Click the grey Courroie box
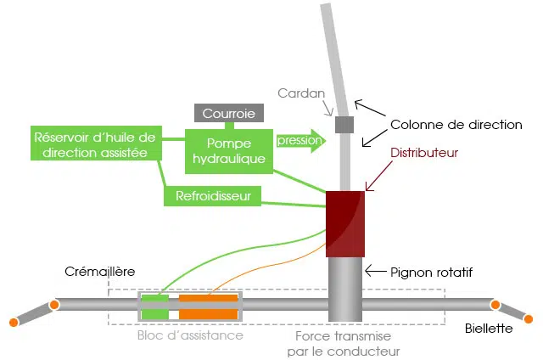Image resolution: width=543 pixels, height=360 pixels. (229, 113)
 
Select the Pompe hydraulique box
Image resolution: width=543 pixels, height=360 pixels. (229, 151)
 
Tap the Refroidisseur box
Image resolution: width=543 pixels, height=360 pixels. (213, 196)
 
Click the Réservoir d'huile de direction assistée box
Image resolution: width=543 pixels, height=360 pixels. (96, 143)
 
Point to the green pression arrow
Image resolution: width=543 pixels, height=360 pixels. (300, 141)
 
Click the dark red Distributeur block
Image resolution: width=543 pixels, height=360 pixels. (345, 224)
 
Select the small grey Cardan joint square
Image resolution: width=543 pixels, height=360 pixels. (344, 125)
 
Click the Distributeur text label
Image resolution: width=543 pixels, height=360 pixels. (424, 153)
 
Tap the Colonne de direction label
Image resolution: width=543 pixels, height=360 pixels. (456, 125)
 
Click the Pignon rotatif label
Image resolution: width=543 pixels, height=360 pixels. (431, 273)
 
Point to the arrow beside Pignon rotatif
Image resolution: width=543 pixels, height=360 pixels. (376, 271)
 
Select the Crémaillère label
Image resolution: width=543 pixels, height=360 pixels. (100, 272)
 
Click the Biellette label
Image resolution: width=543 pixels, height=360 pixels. (489, 328)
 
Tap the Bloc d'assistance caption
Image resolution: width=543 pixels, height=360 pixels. (190, 335)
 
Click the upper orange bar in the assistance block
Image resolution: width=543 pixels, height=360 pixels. (209, 298)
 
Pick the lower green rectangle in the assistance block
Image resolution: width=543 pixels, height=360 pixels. (155, 314)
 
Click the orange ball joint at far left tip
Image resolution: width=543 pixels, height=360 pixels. (14, 323)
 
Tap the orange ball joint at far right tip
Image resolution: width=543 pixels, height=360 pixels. (529, 318)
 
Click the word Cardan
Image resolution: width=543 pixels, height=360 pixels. (301, 93)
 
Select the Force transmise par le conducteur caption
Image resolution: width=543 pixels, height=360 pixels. (343, 344)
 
